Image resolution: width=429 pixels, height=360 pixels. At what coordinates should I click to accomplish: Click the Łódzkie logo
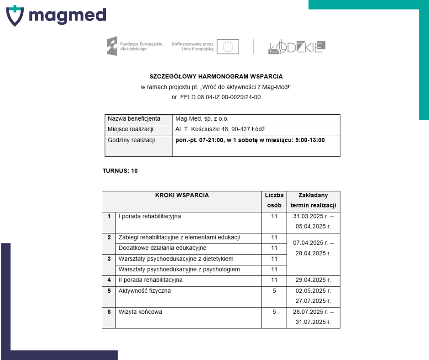click(x=297, y=47)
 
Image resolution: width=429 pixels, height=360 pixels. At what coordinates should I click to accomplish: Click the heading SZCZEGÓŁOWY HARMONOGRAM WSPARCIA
click(x=216, y=76)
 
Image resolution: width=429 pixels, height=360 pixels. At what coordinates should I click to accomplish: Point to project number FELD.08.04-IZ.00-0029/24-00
click(x=221, y=97)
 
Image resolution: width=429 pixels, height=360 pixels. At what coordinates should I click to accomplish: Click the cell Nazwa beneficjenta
click(x=134, y=119)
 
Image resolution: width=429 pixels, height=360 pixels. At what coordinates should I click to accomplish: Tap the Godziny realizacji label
click(x=131, y=140)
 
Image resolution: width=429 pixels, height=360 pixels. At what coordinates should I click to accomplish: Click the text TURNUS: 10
click(x=120, y=171)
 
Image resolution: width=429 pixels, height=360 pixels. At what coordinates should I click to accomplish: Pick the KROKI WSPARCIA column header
click(x=182, y=196)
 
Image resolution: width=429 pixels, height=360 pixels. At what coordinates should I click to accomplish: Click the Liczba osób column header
click(x=274, y=200)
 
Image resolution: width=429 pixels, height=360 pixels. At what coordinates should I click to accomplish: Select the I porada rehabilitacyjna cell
click(x=149, y=217)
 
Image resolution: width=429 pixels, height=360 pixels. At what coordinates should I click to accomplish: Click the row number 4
click(x=109, y=280)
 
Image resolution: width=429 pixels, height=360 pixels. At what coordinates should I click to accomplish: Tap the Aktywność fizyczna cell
click(x=144, y=291)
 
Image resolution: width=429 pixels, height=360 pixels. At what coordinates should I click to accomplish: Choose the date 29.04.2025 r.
click(x=313, y=280)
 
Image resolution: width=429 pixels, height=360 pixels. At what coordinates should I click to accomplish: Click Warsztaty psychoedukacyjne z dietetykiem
click(x=176, y=259)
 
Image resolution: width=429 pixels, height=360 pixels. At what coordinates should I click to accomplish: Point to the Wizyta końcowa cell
click(x=140, y=312)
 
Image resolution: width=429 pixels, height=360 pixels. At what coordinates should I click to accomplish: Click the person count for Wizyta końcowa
click(x=274, y=312)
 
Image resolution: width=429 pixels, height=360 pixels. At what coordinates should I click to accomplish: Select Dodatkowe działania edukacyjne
click(x=162, y=248)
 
